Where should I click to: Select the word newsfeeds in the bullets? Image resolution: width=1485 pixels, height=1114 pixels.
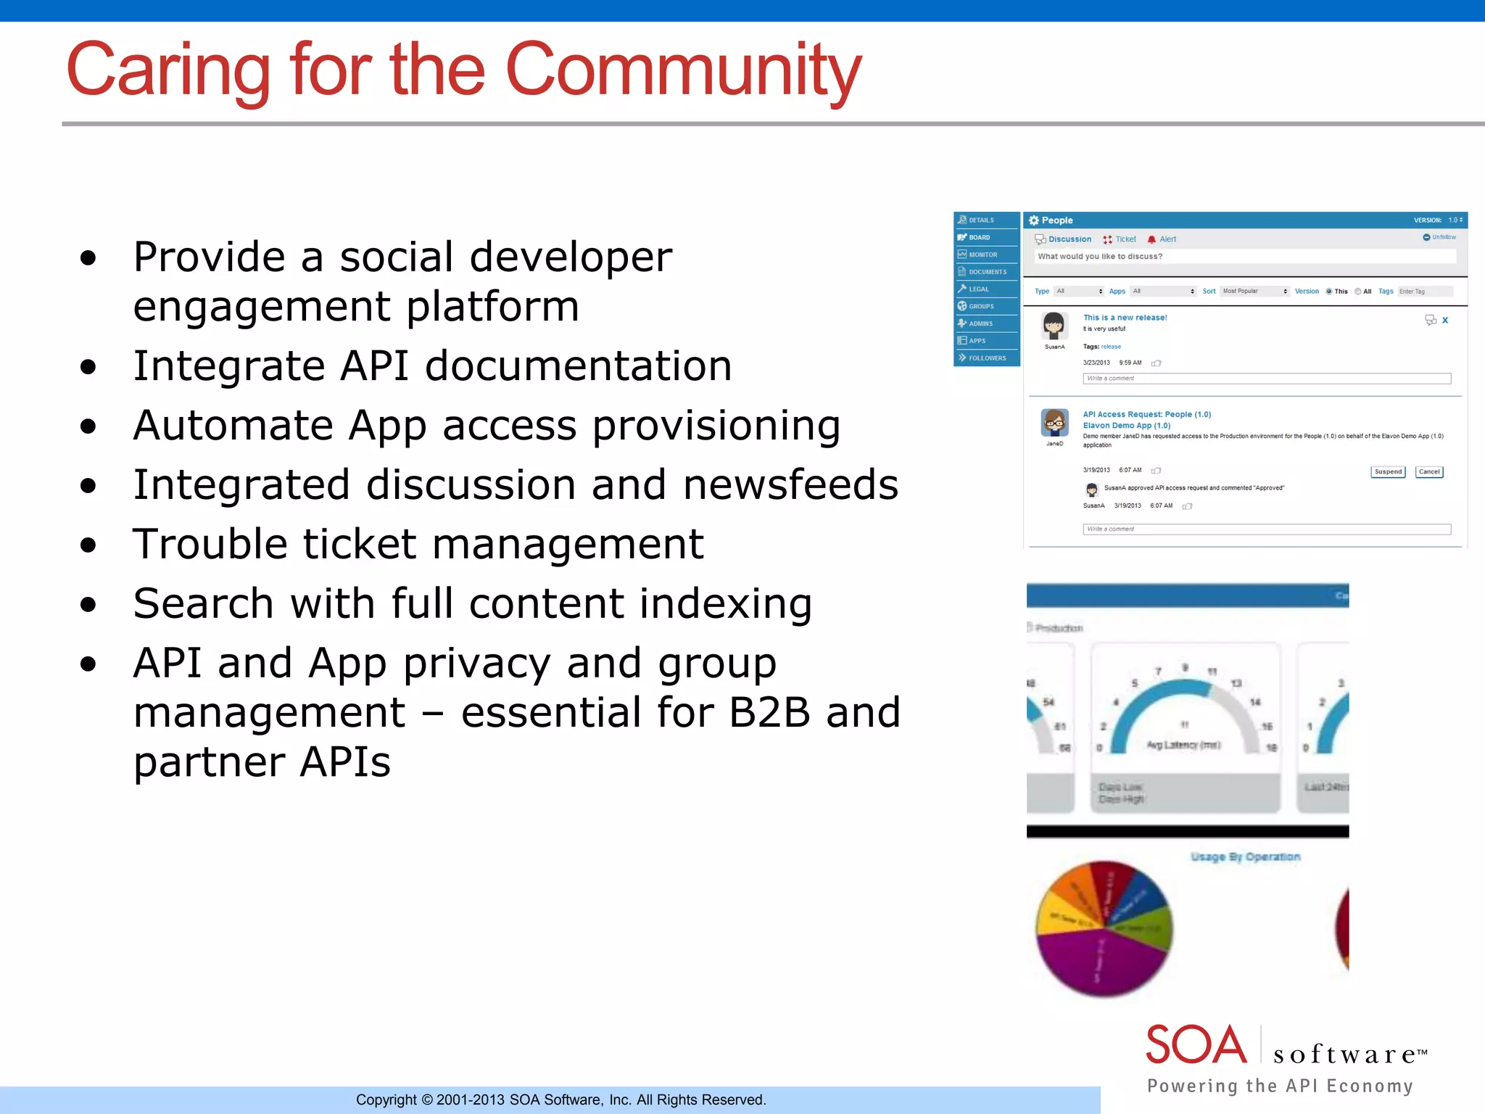tap(790, 484)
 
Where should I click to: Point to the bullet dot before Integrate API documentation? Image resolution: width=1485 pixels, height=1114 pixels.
tap(88, 367)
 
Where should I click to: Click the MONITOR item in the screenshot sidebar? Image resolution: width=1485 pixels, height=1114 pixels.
tap(983, 255)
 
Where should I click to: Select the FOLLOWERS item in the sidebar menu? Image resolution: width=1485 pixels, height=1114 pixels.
tap(987, 358)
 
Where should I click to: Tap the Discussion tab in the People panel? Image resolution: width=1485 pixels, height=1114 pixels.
tap(1069, 239)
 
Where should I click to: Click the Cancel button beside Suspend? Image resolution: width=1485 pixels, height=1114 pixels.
tap(1428, 472)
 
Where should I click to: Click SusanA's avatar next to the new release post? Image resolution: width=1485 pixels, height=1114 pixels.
tap(1054, 326)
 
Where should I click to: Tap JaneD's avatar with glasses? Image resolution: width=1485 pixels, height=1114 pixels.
tap(1054, 423)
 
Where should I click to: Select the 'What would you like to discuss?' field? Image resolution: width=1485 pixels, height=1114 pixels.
tap(1244, 257)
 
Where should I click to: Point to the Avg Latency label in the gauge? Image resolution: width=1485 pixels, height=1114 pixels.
tap(1183, 745)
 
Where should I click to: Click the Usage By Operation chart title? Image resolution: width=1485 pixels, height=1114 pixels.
tap(1245, 857)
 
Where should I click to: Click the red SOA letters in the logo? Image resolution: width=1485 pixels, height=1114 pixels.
tap(1196, 1045)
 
